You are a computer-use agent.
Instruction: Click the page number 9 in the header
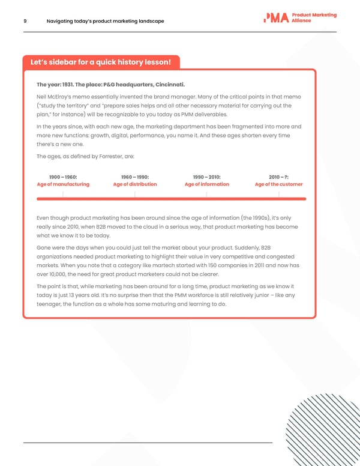point(25,22)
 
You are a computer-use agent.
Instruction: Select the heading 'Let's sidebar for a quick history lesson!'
point(101,62)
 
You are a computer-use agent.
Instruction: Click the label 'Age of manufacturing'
point(63,184)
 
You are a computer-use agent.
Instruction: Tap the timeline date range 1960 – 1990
point(135,177)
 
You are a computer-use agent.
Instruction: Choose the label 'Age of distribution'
point(135,184)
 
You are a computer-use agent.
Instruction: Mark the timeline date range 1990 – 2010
point(207,177)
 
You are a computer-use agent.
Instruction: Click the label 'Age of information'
point(207,184)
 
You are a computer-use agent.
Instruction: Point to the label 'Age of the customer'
point(279,184)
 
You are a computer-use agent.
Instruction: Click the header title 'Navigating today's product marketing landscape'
point(105,22)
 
